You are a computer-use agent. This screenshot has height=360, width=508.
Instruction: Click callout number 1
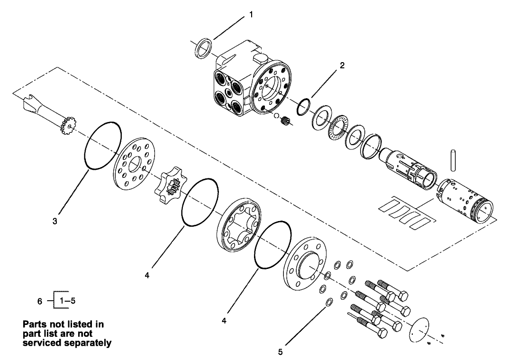point(251,15)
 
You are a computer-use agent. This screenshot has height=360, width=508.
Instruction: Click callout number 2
point(342,65)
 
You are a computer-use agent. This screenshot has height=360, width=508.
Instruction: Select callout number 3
point(55,221)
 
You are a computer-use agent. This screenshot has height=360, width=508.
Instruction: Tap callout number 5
point(281,351)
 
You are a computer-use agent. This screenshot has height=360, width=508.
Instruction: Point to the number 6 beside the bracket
point(40,301)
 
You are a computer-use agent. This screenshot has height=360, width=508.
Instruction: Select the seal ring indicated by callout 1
point(204,49)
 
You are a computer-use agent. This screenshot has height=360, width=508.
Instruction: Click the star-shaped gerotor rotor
point(170,186)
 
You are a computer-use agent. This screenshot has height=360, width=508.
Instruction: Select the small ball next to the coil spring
point(276,116)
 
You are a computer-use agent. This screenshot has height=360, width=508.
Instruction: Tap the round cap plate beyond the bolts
point(418,328)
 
